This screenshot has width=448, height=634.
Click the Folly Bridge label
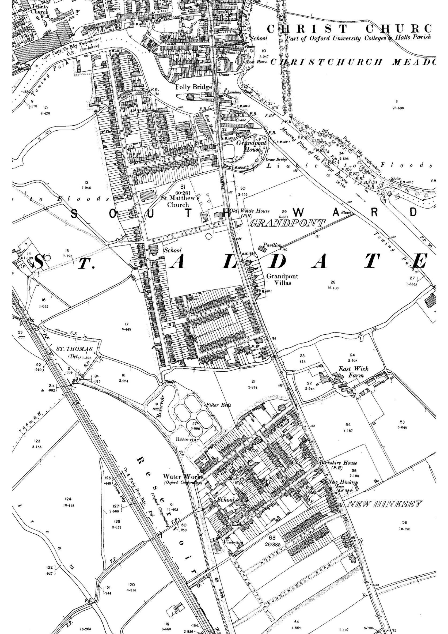tap(194, 87)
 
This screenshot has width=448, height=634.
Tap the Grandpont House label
tap(251, 146)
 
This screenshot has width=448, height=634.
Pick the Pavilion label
tap(272, 245)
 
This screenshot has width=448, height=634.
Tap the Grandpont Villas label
tap(282, 280)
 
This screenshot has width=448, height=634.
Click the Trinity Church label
tap(39, 9)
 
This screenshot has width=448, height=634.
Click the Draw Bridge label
tap(276, 160)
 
